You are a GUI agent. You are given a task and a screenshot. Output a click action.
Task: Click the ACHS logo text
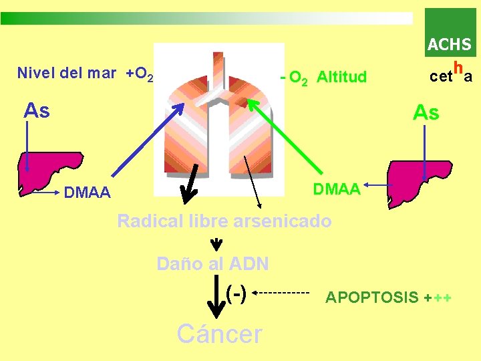(x=449, y=45)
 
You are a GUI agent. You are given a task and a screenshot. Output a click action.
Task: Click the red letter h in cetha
(x=458, y=68)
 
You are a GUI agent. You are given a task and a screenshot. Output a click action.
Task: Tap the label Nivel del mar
(x=66, y=73)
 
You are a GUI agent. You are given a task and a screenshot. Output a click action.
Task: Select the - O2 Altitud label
(x=324, y=78)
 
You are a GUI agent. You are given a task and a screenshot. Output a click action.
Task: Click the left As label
(x=37, y=110)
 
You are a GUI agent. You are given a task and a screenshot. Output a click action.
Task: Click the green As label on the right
(x=426, y=113)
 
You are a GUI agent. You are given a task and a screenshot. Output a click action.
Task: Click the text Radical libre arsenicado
(x=224, y=221)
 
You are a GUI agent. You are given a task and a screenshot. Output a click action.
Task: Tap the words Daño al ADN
(x=212, y=264)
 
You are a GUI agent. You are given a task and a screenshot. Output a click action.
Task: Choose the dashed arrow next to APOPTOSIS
(x=282, y=293)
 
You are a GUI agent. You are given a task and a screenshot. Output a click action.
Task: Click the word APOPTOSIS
(x=371, y=297)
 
